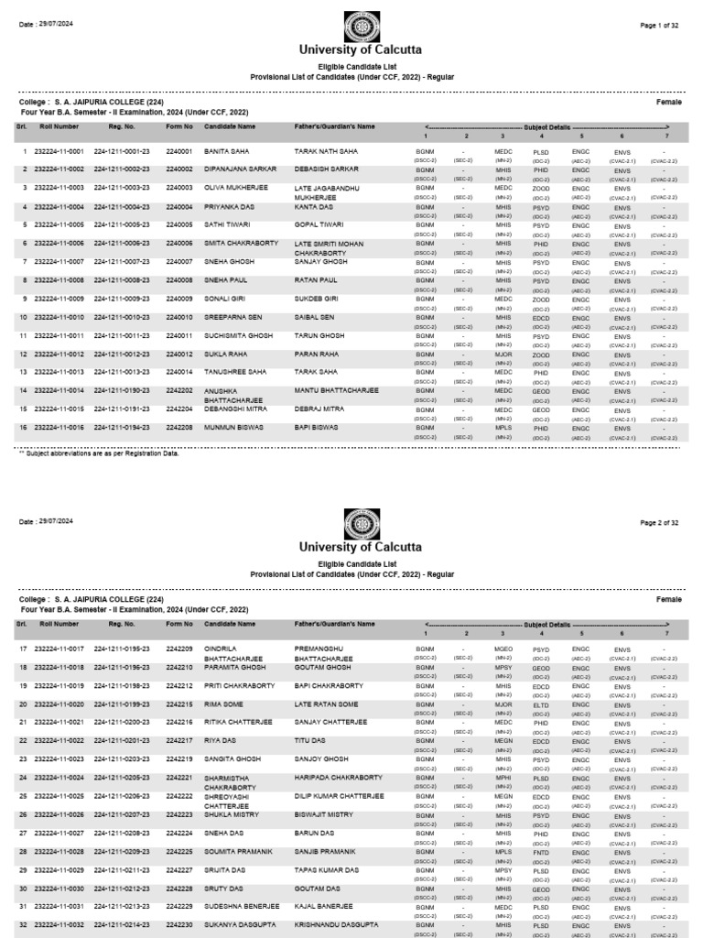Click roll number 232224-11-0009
pos(59,299)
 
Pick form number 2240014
pos(178,373)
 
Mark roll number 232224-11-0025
pos(59,796)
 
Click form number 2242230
pos(178,925)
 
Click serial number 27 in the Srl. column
pos(23,833)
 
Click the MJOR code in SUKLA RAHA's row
pos(503,354)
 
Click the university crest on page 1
pos(361,29)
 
